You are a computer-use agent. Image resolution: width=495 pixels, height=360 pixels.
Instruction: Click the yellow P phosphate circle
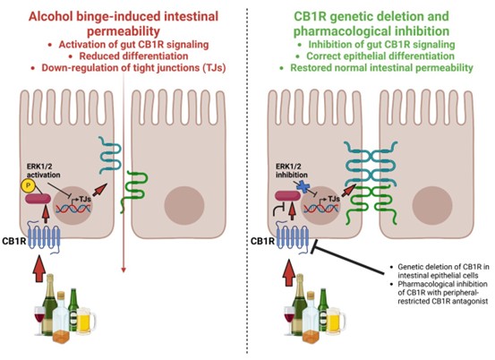coord(29,185)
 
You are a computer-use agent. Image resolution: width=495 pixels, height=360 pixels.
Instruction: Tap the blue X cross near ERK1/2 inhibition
coord(303,186)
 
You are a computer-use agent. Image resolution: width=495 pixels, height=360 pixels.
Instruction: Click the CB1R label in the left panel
coord(14,241)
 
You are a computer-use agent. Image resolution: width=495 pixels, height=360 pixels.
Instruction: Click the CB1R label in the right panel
coord(262,241)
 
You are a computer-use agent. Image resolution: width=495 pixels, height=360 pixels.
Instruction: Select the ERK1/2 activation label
coord(44,170)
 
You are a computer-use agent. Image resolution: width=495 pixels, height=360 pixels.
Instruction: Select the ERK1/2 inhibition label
coord(292,170)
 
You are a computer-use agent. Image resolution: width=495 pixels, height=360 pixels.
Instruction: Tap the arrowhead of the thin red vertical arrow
coord(124,270)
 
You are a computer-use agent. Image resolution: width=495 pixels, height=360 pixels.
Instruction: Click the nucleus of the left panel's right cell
coord(184,205)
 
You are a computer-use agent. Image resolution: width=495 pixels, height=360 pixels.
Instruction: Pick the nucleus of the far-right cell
coord(432,205)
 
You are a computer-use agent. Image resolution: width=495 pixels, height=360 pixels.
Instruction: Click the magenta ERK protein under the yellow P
coord(38,199)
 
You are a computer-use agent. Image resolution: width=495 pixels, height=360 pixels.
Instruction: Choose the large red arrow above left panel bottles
coord(39,269)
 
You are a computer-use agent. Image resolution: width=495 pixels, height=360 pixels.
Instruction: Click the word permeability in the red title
coord(124,31)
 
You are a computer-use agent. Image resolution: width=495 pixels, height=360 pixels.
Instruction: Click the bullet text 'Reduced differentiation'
coord(133,56)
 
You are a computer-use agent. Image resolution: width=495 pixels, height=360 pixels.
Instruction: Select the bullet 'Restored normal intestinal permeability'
coord(381,67)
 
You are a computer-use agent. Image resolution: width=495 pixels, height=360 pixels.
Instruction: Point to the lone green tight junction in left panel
coord(133,191)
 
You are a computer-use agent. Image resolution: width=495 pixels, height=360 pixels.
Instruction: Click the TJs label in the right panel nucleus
coord(334,199)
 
